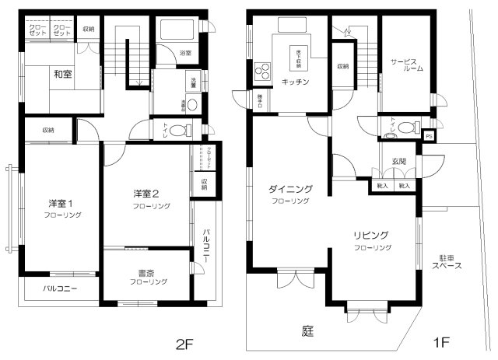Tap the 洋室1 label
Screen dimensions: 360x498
(x=59, y=204)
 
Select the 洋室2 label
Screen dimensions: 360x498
(x=146, y=194)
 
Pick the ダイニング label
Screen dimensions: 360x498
(x=290, y=189)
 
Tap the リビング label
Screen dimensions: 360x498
(x=373, y=235)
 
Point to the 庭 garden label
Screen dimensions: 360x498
(x=308, y=331)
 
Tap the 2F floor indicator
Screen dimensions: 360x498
(x=184, y=343)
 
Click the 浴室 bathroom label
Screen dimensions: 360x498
(x=185, y=53)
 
